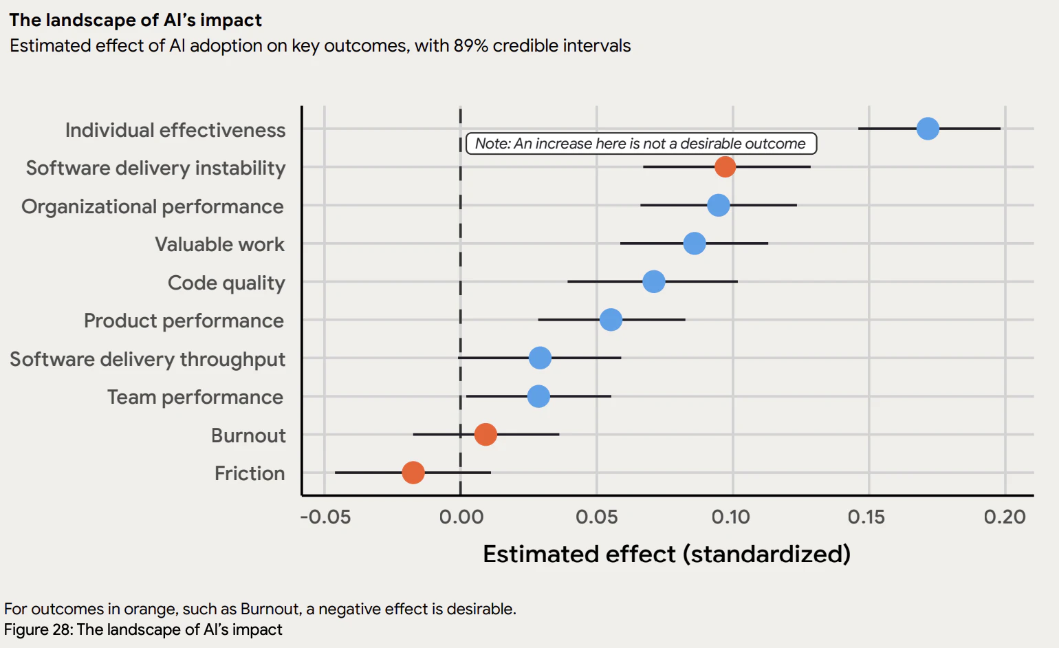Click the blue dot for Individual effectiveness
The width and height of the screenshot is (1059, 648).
(928, 129)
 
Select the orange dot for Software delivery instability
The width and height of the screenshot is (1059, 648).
(725, 166)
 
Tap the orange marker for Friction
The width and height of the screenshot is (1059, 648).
(413, 473)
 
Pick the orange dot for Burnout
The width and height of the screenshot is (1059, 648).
(485, 435)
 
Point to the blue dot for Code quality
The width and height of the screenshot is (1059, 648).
(653, 281)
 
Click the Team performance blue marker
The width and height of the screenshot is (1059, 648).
(538, 396)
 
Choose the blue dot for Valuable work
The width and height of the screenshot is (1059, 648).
(695, 243)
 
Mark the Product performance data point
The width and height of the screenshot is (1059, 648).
(611, 320)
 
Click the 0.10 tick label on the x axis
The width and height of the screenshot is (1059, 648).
(731, 517)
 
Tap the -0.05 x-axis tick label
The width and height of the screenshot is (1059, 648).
(325, 517)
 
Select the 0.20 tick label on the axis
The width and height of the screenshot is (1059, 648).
(1005, 517)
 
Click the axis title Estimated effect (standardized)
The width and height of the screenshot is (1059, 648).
(666, 554)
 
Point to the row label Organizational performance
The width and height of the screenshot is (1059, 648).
(153, 206)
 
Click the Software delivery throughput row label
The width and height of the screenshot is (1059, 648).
(147, 359)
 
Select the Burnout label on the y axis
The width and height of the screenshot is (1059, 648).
(248, 435)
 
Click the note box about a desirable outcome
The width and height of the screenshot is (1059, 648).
(641, 144)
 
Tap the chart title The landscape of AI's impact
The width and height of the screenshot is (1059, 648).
(135, 20)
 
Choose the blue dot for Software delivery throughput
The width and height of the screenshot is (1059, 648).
(540, 358)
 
